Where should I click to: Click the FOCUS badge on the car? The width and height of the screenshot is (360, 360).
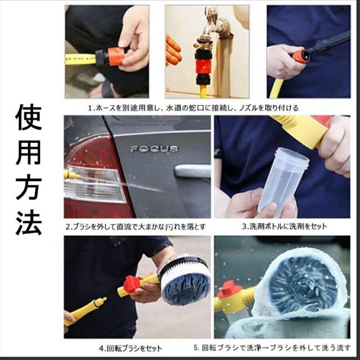click(x=154, y=149)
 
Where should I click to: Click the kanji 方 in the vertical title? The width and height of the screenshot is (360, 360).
click(x=28, y=187)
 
